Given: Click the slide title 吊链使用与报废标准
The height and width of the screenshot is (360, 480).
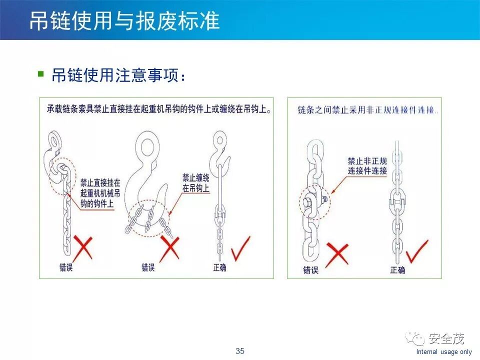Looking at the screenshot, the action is pos(124,21).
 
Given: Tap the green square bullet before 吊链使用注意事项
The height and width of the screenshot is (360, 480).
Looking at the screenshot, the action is pos(40,74).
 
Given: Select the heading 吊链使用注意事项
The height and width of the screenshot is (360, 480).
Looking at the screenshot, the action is pos(118,75).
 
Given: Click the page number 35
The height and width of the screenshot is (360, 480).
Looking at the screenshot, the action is pos(240,351).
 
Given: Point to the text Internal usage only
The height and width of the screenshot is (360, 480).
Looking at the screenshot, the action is pos(444,351).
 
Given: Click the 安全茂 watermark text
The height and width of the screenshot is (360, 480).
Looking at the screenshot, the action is pos(446,338).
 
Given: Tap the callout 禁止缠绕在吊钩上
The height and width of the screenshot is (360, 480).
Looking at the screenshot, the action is pos(196,183).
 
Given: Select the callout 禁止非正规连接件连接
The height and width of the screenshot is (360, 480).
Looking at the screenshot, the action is pos(367,165).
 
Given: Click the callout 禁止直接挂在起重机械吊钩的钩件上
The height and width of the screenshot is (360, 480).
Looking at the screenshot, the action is pos(100,193).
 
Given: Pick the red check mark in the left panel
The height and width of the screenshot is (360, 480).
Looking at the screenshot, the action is pos(241,249).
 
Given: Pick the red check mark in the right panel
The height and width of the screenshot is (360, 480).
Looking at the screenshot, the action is pos(417,251).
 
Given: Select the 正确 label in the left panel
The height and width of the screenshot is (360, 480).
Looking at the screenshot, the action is pos(220,267).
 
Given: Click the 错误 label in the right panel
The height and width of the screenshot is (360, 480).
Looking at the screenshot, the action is pos(310,270).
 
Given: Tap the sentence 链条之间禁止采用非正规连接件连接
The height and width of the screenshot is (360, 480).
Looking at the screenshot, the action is pos(368,110).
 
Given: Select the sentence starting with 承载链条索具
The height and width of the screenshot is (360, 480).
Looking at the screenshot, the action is pos(159,109).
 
